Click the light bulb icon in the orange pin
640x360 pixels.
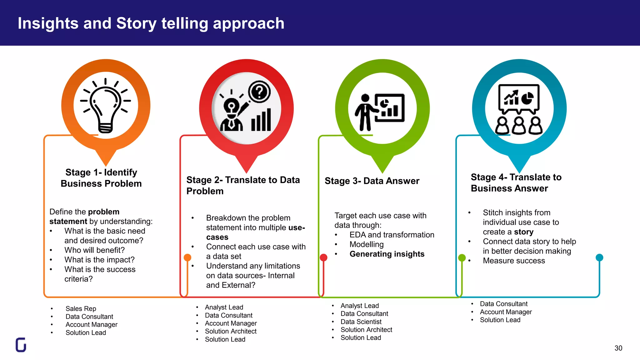point(106,108)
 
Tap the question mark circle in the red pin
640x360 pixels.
point(259,92)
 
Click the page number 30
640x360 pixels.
point(618,348)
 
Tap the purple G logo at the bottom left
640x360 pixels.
point(21,345)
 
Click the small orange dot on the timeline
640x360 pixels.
point(187,257)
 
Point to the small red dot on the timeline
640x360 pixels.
point(323,257)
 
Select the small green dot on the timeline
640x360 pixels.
point(462,258)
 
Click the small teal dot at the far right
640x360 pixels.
point(599,257)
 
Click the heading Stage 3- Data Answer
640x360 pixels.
point(372,181)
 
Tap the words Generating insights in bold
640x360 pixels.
point(387,254)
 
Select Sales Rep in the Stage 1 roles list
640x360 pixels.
point(81,309)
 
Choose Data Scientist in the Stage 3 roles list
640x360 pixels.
point(361,322)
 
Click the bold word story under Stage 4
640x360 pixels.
point(524,232)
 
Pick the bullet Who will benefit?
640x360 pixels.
point(94,250)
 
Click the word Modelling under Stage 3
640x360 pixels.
point(367,244)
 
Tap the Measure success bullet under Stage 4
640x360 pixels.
point(514,261)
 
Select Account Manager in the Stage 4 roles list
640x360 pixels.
point(506,312)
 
